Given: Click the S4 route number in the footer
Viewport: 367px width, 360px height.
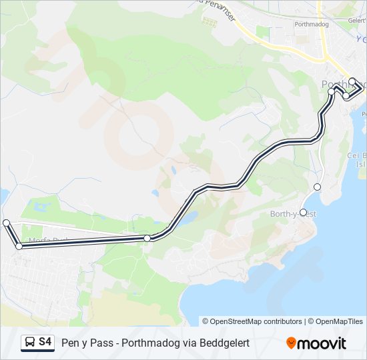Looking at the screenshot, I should pos(45,342).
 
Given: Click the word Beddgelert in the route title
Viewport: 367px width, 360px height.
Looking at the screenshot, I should pos(226,343).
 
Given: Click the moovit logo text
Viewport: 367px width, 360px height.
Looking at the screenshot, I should pos(322,343).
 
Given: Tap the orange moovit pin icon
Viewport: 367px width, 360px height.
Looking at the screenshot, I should pos(292,343).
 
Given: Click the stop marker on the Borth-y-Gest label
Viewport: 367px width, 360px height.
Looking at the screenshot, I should pos(304,213).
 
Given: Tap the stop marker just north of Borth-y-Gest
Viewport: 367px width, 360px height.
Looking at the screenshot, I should pos(317,187).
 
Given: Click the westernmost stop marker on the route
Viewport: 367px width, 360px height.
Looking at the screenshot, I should pos(6,223).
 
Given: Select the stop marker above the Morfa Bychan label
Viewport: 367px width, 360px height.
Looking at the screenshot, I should pos(19,247).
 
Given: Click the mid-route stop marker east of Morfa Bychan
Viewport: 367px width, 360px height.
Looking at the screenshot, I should pos(147,238).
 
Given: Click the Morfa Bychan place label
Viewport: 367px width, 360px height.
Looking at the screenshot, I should pos(47,240).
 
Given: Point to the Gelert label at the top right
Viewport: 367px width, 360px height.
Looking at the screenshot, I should pos(356,21).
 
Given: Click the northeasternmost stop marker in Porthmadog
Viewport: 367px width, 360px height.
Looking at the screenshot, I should pos(352,82).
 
